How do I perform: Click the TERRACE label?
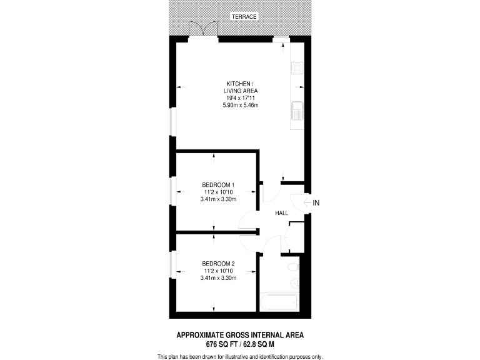243,16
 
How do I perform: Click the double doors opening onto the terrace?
204,29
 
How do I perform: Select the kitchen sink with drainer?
297,111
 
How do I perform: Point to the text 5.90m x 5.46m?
240,105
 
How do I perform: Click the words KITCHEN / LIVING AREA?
240,87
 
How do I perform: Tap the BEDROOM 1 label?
218,184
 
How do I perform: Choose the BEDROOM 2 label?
218,263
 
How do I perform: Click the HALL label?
281,214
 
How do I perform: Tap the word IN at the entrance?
316,202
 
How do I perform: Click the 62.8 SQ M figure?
262,344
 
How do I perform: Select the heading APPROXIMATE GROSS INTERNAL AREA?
240,335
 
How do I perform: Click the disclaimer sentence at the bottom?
240,356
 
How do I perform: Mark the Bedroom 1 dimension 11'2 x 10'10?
218,192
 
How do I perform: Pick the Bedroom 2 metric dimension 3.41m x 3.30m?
218,277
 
